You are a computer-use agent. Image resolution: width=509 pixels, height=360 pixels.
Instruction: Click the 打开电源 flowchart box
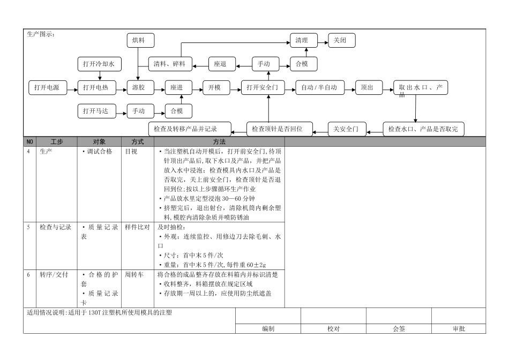[47, 87]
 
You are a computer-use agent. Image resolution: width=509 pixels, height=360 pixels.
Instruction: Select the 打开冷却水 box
[99, 64]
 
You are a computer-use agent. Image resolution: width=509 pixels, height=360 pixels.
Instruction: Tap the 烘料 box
[140, 40]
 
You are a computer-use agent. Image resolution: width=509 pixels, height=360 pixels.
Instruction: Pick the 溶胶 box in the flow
[140, 87]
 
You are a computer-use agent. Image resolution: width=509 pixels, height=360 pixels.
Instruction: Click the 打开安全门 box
[263, 87]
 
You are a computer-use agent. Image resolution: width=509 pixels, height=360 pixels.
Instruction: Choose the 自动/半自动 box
[319, 87]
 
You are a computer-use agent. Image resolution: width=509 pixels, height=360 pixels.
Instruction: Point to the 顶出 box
[368, 87]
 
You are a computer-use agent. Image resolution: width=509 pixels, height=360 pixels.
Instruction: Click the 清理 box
[302, 40]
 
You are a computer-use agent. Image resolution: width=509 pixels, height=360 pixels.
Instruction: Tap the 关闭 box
[341, 40]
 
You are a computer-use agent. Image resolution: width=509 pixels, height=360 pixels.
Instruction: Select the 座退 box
[220, 64]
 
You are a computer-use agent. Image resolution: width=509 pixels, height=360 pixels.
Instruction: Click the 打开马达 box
[96, 111]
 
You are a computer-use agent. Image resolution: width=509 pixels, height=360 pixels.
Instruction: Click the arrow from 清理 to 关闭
[320, 40]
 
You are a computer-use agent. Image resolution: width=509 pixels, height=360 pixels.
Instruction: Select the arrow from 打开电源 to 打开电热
[72, 87]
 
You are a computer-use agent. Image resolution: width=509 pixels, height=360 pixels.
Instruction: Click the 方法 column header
[219, 142]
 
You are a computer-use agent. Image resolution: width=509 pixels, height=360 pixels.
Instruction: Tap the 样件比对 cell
[137, 227]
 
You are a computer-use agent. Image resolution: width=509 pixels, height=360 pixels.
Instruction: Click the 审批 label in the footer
[459, 329]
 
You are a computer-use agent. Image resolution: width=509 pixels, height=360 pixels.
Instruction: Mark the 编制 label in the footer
[268, 329]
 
